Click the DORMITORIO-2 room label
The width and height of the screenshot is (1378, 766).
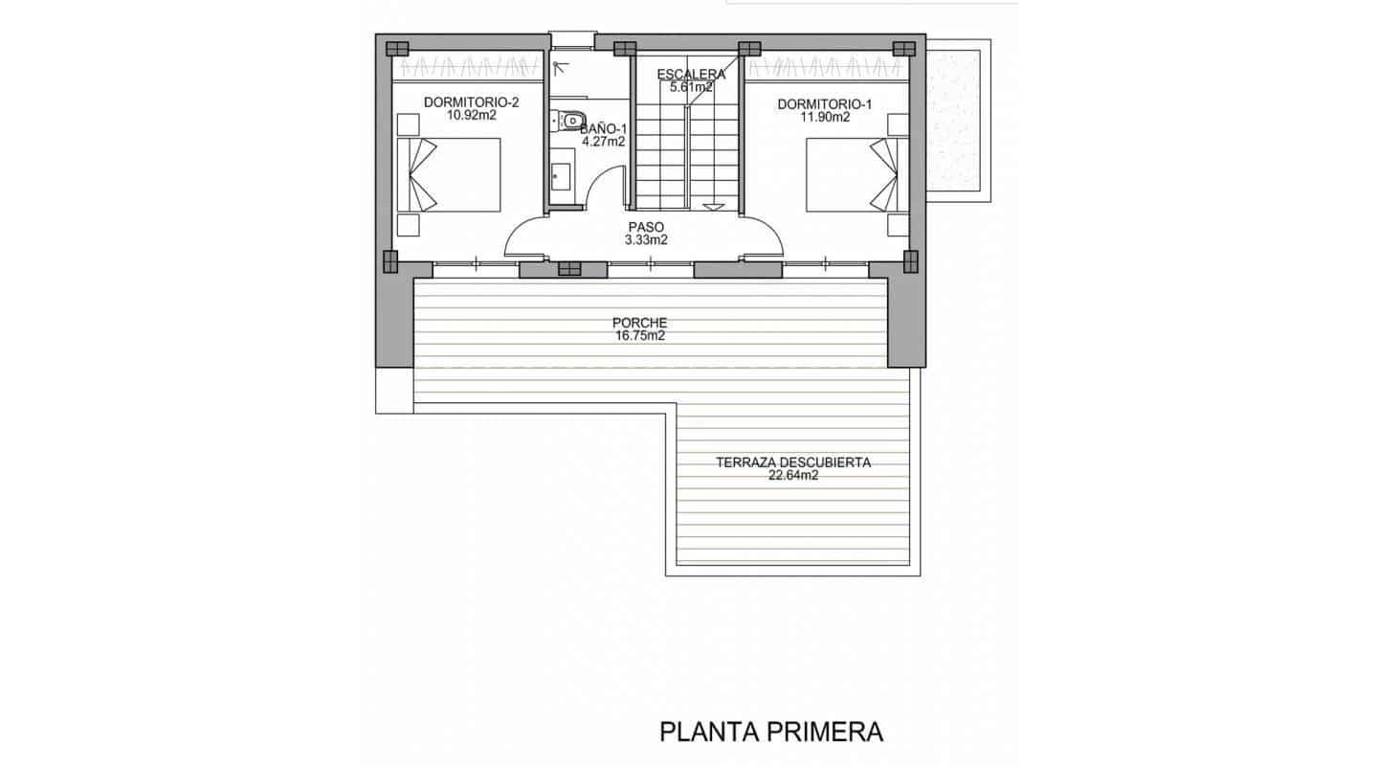pos(471,103)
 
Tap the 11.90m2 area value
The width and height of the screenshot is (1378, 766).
pos(825,118)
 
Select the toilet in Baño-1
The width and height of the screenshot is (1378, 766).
pos(570,121)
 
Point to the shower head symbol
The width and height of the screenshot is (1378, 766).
pos(561,67)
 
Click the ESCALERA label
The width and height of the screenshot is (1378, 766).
pos(690,75)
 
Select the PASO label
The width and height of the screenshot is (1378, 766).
pos(645,228)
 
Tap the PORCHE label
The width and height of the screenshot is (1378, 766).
pos(641,324)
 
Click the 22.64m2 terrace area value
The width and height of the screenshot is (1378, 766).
pos(793,475)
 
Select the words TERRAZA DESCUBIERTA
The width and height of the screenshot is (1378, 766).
pos(793,462)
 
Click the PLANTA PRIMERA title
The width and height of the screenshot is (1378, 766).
pos(771,732)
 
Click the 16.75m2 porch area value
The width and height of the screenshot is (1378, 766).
pos(641,337)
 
